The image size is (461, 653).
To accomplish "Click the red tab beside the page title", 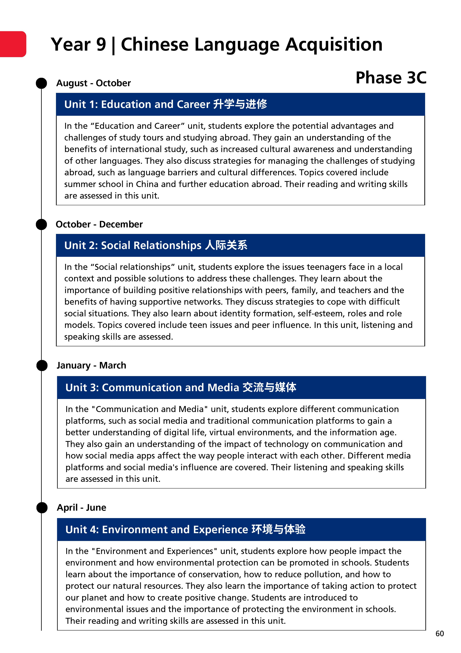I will coord(13,44).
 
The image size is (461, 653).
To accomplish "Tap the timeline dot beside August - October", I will coord(41,83).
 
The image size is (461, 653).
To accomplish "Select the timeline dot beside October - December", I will coord(41,224).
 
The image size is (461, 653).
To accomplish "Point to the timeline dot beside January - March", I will coord(42,365).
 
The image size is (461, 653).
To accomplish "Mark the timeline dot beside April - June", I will coord(42,508).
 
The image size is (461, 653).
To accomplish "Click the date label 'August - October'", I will coord(94,83).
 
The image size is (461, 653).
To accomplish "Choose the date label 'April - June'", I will coord(82,508).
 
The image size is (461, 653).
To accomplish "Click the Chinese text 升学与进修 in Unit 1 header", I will coord(240,104).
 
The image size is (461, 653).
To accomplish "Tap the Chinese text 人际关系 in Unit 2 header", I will coord(226,245).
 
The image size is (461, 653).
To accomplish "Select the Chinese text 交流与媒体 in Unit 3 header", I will coord(269,387).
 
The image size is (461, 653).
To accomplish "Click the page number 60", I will coord(439,633).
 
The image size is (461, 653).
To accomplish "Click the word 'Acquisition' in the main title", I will coord(334,45).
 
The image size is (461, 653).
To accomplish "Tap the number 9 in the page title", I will coord(101,45).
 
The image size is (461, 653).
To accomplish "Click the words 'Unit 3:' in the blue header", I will coord(82,387).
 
